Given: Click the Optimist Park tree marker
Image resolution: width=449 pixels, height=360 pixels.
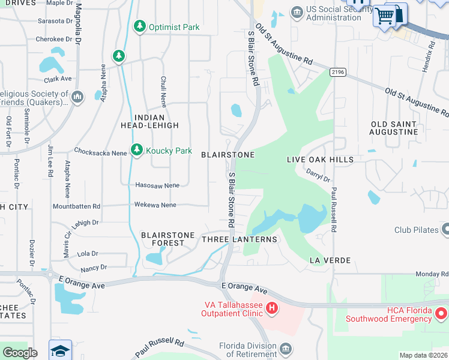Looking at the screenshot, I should pos(140,26).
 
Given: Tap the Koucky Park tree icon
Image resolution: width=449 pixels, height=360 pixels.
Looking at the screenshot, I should pos(137,150).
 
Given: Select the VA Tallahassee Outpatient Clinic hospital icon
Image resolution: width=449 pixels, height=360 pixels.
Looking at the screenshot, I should pos(272,308).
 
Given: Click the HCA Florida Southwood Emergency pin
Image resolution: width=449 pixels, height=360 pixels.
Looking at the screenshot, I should pos(441,313).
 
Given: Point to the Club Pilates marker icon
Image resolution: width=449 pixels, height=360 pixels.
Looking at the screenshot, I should pos(445,229).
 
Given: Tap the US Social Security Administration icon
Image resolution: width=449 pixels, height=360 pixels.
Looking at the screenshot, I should pos(297,13).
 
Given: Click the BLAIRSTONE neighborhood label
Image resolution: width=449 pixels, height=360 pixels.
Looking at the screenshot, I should pos(228,155).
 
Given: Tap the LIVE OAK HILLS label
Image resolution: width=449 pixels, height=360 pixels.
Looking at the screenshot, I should pos(312,160).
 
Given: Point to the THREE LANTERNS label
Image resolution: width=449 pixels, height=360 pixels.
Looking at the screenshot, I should pos(240,239).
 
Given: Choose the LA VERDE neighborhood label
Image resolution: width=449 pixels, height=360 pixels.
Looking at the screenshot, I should pos(330,260).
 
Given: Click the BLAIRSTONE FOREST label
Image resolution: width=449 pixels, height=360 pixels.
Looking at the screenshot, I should pos(167,239).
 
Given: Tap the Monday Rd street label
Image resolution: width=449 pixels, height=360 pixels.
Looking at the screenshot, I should pos(427,274).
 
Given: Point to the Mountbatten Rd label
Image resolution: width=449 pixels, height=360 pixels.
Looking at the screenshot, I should pos(76,206).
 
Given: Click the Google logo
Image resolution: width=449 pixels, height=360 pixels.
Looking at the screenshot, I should pos(20,353).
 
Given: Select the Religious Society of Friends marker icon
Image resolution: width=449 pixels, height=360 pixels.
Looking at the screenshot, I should pos(77,97).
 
